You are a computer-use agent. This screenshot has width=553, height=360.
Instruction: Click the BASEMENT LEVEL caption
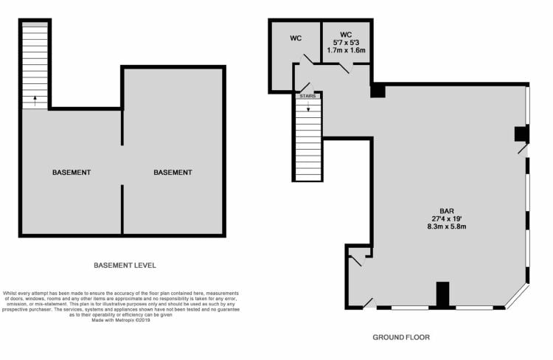coord(125,266)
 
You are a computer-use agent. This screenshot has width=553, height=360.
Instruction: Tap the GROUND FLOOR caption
coord(401,337)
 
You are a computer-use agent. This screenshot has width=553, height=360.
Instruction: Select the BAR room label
coord(447,211)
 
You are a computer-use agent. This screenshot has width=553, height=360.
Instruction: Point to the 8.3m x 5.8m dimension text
coord(447,226)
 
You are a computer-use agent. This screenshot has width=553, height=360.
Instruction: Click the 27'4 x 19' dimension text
coord(447,219)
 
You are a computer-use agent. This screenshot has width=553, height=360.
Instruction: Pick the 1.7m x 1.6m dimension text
coord(346,50)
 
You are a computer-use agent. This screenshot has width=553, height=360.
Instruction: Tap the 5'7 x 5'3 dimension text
coord(346,42)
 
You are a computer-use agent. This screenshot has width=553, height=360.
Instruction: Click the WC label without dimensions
coord(296,38)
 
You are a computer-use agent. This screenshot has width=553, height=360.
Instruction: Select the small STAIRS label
coord(307,96)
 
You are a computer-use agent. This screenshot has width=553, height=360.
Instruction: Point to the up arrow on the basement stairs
coord(35,100)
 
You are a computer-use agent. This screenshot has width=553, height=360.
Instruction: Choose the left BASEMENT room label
coord(72,172)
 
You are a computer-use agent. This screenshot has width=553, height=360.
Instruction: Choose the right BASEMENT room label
coord(173,172)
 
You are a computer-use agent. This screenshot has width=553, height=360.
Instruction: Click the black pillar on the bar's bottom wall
coord(442,294)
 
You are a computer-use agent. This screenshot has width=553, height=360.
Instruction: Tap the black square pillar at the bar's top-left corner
coord(378,90)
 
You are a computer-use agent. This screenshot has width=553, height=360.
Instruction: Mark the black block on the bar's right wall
coord(521,134)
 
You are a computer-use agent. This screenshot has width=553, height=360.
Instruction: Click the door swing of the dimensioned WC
coord(344,69)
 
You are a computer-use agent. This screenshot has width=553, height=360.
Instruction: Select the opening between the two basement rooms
coord(122,165)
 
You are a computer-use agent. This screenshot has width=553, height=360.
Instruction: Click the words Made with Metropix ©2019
coord(121,320)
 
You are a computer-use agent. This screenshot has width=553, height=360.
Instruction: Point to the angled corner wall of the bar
coord(517,297)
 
